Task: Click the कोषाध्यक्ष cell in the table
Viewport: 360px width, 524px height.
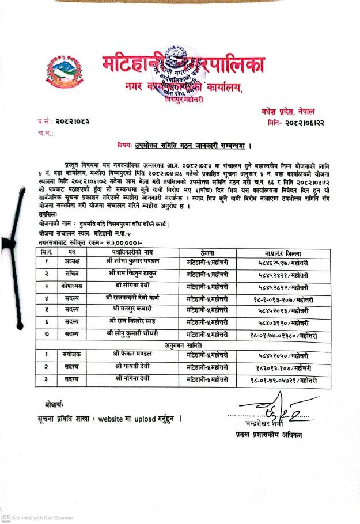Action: coord(73,286)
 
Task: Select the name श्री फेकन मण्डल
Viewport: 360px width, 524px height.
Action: coord(137,355)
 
